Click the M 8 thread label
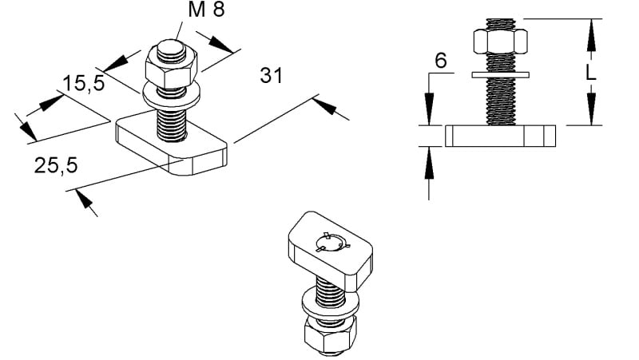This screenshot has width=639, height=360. tap(206, 9)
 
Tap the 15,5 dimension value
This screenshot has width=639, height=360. tap(84, 83)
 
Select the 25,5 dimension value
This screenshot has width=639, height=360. tap(56, 166)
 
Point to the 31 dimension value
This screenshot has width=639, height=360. tap(271, 76)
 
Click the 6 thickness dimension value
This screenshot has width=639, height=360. tap(441, 61)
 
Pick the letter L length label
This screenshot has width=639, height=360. tap(590, 73)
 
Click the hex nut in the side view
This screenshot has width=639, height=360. tap(501, 42)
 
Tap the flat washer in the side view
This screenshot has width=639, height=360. tap(501, 75)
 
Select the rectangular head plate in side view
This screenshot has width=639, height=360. tap(501, 136)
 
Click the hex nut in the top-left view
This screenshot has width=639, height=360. tap(171, 67)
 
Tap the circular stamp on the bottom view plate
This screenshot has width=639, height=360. tap(332, 243)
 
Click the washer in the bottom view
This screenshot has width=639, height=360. tap(331, 303)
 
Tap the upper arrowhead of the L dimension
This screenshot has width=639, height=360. tap(591, 35)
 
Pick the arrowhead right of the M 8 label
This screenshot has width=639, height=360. tap(221, 45)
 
